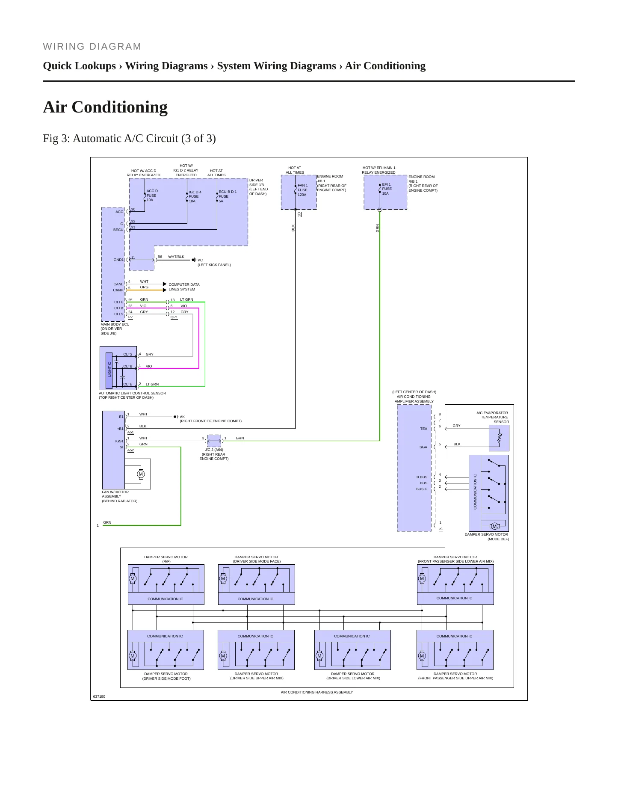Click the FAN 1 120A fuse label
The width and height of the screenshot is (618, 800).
(303, 190)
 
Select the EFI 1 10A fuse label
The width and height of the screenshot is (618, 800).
(387, 189)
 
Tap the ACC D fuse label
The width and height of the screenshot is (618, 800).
(152, 196)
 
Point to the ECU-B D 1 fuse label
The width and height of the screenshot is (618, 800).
(228, 196)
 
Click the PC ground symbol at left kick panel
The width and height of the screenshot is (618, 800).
(194, 260)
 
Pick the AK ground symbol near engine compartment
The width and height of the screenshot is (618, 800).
(176, 417)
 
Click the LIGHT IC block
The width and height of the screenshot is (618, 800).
(109, 369)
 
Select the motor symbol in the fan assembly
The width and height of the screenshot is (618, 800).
(141, 474)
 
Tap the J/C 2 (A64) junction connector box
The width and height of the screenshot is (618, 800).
(214, 441)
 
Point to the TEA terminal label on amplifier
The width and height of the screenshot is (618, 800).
(423, 429)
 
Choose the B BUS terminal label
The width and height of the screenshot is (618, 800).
(422, 477)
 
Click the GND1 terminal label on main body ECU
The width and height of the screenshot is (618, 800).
(118, 260)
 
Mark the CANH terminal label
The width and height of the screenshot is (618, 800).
(118, 290)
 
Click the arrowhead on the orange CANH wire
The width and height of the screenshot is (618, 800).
(165, 290)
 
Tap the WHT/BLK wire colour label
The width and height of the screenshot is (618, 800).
(176, 257)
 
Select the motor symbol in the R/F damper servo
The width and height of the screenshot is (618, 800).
(133, 578)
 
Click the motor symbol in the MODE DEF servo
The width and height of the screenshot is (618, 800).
(494, 526)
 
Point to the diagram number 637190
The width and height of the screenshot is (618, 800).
(99, 696)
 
